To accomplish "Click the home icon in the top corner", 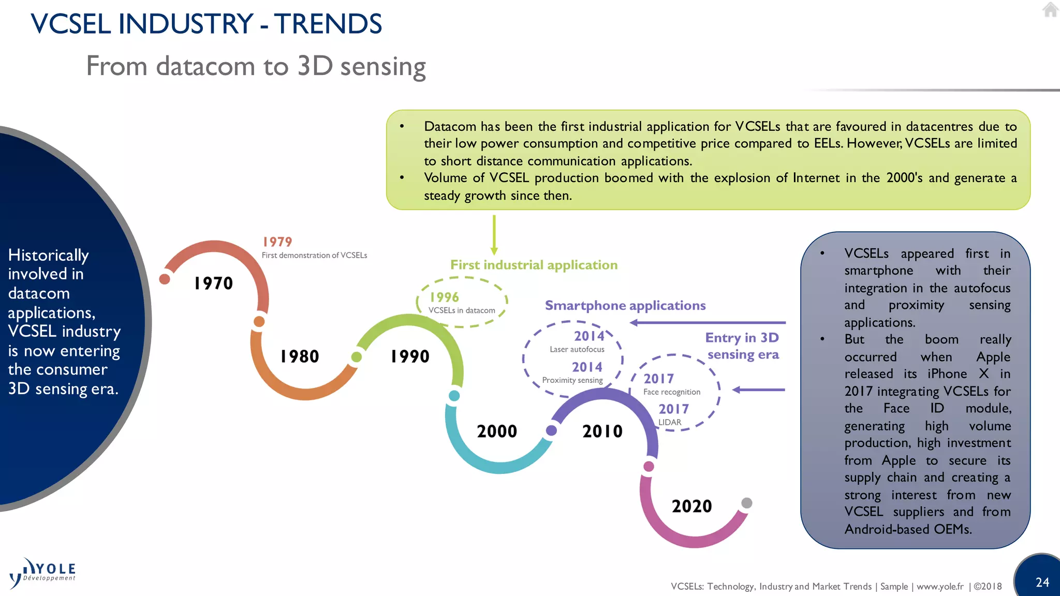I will point(1050,10).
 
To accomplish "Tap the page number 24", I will point(1042,582).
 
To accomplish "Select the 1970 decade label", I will point(213,283).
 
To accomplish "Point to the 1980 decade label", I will point(299,356).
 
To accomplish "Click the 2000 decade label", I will point(496,431).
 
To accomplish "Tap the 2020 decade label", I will point(691,506).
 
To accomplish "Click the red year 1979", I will point(277,242).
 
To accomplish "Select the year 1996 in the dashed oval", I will point(444,297).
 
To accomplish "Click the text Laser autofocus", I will point(577,349).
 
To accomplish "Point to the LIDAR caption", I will point(670,422).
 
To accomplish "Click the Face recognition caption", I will point(671,392).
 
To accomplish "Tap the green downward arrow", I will point(494,235).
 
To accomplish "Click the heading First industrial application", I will point(534,265).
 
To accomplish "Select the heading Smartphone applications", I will point(625,305).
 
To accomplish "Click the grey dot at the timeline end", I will point(746,503).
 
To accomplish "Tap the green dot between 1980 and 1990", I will point(356,357).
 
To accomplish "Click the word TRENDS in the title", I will point(328,24).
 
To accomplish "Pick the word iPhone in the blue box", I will point(947,374).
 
